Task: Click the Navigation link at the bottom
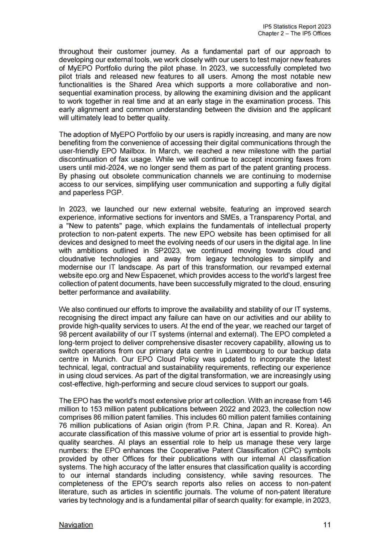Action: click(76, 525)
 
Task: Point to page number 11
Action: click(327, 525)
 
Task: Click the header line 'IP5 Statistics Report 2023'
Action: click(297, 26)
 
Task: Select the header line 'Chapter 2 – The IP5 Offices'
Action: click(294, 33)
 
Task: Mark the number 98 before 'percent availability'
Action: click(64, 334)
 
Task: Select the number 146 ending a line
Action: click(325, 401)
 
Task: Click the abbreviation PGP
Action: click(114, 192)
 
